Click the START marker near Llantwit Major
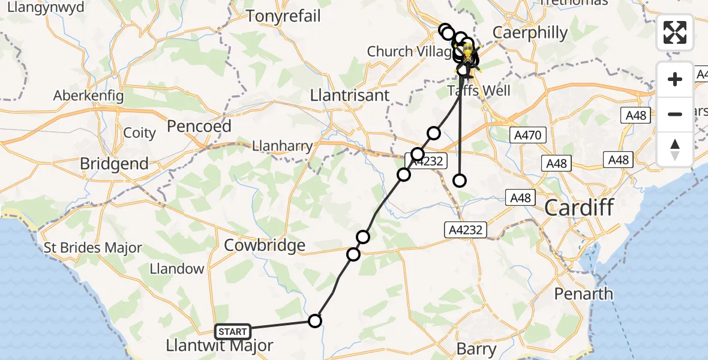pos(233,331)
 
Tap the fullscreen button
pos(675,32)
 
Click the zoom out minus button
pos(675,114)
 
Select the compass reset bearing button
pos(675,149)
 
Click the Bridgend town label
pos(114,163)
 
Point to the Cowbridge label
pos(265,245)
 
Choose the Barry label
pos(476,349)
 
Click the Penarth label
pos(583,293)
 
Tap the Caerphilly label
pos(530,32)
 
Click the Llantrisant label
pos(358,95)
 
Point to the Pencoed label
pos(199,126)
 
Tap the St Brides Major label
pos(94,248)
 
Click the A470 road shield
pos(528,136)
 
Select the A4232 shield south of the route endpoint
pos(463,229)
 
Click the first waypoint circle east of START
pos(315,321)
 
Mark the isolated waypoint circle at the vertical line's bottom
pos(460,180)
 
